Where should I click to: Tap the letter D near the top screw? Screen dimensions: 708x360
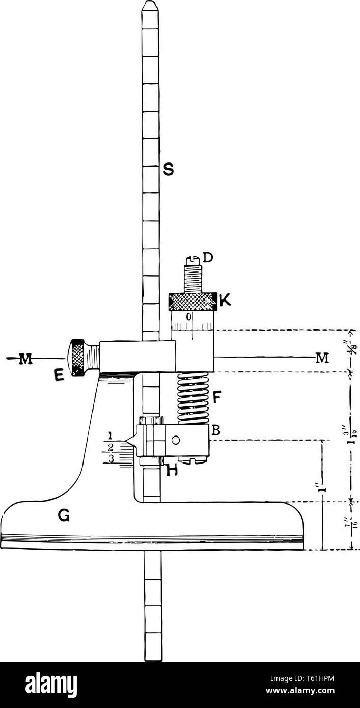[208, 259]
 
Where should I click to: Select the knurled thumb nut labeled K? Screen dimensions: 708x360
[192, 302]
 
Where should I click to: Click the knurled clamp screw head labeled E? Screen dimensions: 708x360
[78, 358]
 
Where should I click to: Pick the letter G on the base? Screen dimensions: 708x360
[64, 517]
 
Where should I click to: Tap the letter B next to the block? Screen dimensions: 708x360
[216, 430]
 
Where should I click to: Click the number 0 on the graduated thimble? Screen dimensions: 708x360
[188, 317]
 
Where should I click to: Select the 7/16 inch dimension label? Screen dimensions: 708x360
[351, 525]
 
